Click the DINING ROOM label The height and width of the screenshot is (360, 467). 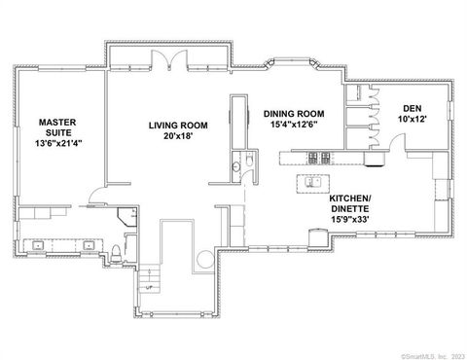coord(292,113)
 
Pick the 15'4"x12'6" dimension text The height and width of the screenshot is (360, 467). coord(292,124)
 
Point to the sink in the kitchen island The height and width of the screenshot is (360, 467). coord(312,181)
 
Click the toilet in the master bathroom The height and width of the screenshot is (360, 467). coord(116,255)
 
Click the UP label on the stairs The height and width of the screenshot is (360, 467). coord(149,287)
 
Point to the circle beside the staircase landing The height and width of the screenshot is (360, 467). coord(204,261)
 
